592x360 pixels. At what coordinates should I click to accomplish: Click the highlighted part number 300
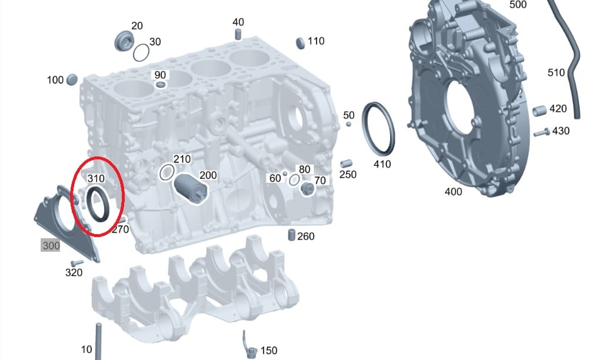coord(51,245)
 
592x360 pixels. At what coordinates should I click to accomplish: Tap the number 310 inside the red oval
coord(95,178)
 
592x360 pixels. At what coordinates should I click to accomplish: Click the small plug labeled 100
coord(72,79)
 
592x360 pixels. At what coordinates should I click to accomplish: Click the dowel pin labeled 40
coord(238,34)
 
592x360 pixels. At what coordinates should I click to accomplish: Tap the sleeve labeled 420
coord(540,111)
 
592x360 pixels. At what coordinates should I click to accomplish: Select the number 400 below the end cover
coord(453,192)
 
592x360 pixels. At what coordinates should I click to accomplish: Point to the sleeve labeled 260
coord(291,235)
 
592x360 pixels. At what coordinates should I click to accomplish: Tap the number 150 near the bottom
coord(268,351)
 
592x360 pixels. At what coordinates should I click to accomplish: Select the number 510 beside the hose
coord(556,73)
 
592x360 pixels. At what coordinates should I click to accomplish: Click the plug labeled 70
coord(306,189)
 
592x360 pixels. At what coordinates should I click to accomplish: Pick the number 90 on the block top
coord(160,75)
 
